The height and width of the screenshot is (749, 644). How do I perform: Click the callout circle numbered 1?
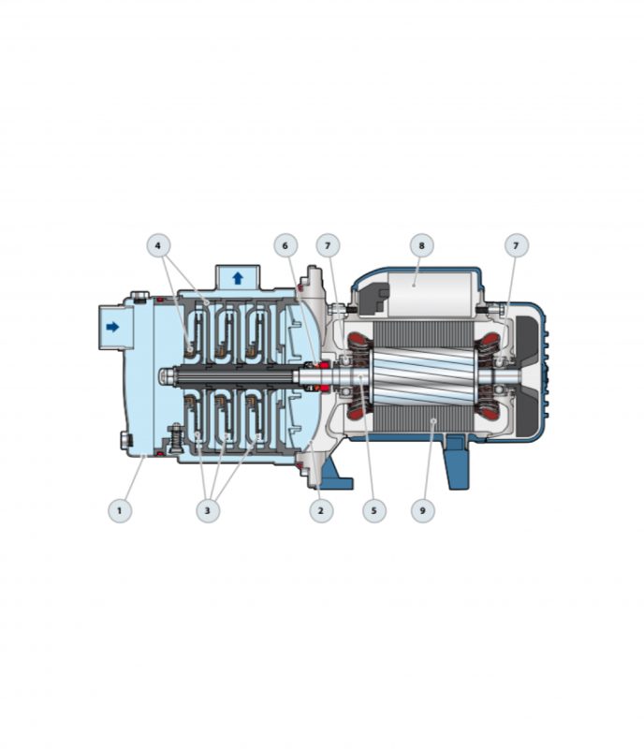pos(120,510)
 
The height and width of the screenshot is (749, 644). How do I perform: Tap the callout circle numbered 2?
pos(320,510)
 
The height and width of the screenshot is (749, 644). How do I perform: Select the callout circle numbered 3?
pos(208,510)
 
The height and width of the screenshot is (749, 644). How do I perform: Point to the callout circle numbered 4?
pos(158,245)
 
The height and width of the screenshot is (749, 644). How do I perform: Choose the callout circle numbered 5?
pos(373,510)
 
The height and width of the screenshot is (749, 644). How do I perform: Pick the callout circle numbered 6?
pos(285,245)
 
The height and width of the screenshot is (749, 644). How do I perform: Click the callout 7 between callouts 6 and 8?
pos(328,245)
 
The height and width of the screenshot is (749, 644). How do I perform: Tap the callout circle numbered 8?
pos(421,245)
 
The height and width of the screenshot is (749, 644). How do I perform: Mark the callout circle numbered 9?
pos(422,510)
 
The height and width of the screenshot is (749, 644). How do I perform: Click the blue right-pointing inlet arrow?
pos(112,327)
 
